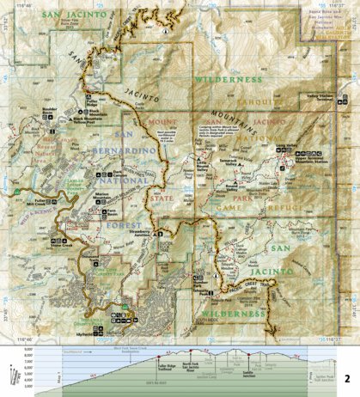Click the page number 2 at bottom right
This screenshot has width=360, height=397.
point(347,378)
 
